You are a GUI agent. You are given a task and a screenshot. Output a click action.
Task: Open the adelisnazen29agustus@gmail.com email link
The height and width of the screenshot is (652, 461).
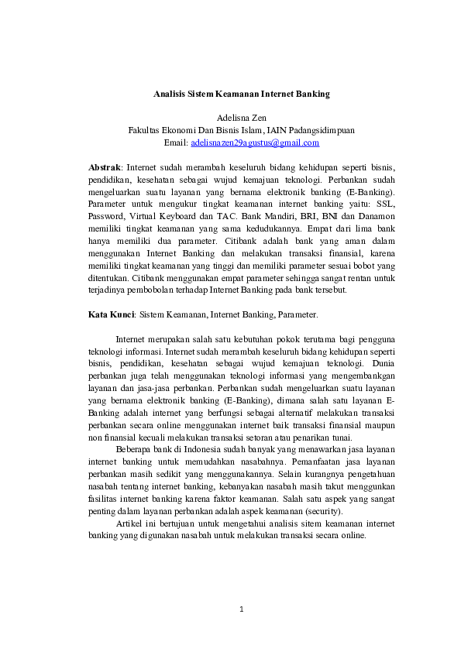(254, 142)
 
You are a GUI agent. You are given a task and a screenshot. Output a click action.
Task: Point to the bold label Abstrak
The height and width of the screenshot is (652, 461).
(104, 166)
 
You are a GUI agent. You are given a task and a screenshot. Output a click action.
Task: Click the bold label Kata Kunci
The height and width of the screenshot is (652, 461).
(111, 315)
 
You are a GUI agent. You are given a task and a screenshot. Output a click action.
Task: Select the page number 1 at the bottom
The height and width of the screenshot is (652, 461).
(241, 609)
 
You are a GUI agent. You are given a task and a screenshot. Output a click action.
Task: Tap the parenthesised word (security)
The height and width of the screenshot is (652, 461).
(324, 512)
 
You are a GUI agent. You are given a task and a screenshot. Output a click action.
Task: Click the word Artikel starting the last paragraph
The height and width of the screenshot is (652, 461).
(131, 524)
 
